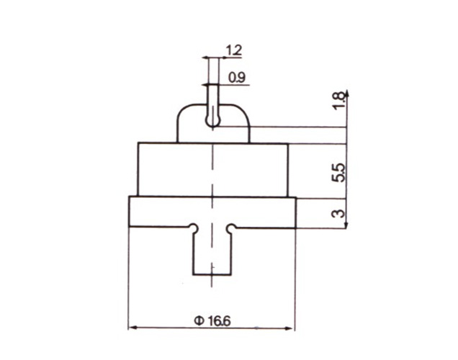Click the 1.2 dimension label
coord(234,50)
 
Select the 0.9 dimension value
coord(237,78)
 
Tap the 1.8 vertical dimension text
coord(339,100)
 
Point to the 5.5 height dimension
coord(339,173)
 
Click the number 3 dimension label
coord(339,213)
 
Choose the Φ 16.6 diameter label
coord(212,321)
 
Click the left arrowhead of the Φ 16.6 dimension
coord(133,328)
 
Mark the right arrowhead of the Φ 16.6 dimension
coord(289,328)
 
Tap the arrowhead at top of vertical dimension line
coord(346,93)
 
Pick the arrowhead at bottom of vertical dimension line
coord(346,225)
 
